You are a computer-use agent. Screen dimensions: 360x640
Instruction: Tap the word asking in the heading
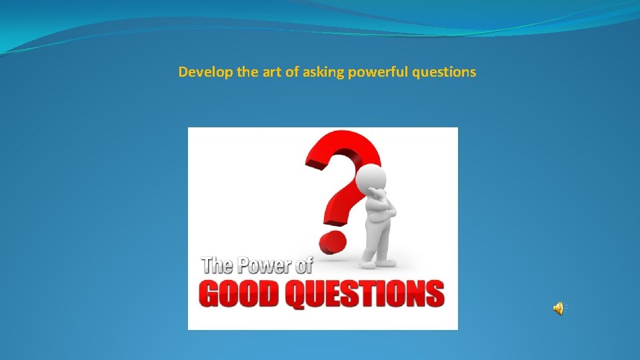323,72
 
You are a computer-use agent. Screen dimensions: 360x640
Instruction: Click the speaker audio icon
558,307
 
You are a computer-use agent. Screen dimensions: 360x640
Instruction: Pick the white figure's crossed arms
382,212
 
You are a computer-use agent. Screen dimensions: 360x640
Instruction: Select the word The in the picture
215,265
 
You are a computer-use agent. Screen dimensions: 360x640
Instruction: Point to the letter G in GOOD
212,293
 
